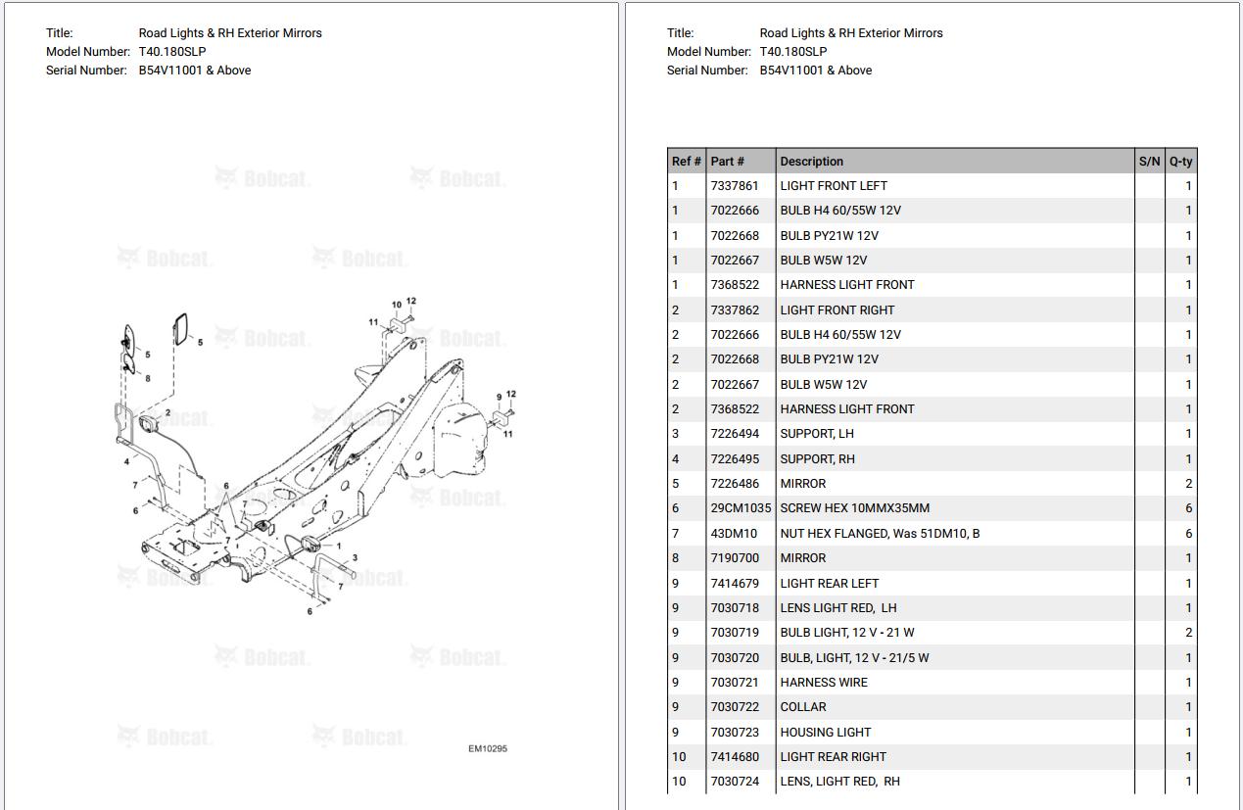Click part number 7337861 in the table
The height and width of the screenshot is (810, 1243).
pyautogui.click(x=734, y=186)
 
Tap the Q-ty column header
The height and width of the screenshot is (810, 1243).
pyautogui.click(x=1180, y=162)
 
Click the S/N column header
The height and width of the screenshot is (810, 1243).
pyautogui.click(x=1149, y=162)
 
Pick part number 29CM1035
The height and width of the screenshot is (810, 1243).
pyautogui.click(x=741, y=508)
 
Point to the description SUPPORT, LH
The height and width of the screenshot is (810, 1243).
pyautogui.click(x=817, y=434)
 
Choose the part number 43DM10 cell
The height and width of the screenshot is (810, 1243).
pyautogui.click(x=734, y=534)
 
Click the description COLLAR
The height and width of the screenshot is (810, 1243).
pyautogui.click(x=802, y=707)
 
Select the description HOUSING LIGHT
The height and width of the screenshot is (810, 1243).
pyautogui.click(x=825, y=733)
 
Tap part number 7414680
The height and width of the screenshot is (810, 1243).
pyautogui.click(x=734, y=757)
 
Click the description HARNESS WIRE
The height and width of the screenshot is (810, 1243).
pyautogui.click(x=823, y=683)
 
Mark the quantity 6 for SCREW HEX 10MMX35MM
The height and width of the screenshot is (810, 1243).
pyautogui.click(x=1188, y=508)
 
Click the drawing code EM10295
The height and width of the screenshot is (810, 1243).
pyautogui.click(x=487, y=749)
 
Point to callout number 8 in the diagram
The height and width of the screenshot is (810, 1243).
pyautogui.click(x=148, y=378)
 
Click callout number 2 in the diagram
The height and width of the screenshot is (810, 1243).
pyautogui.click(x=167, y=413)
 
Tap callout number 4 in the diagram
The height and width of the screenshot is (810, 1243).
pyautogui.click(x=126, y=461)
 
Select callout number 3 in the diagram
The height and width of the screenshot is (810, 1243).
pyautogui.click(x=355, y=558)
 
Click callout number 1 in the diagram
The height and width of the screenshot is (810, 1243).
pyautogui.click(x=338, y=546)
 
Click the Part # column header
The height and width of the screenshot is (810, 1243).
pyautogui.click(x=727, y=162)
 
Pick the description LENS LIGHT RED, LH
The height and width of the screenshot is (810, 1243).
pyautogui.click(x=837, y=608)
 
